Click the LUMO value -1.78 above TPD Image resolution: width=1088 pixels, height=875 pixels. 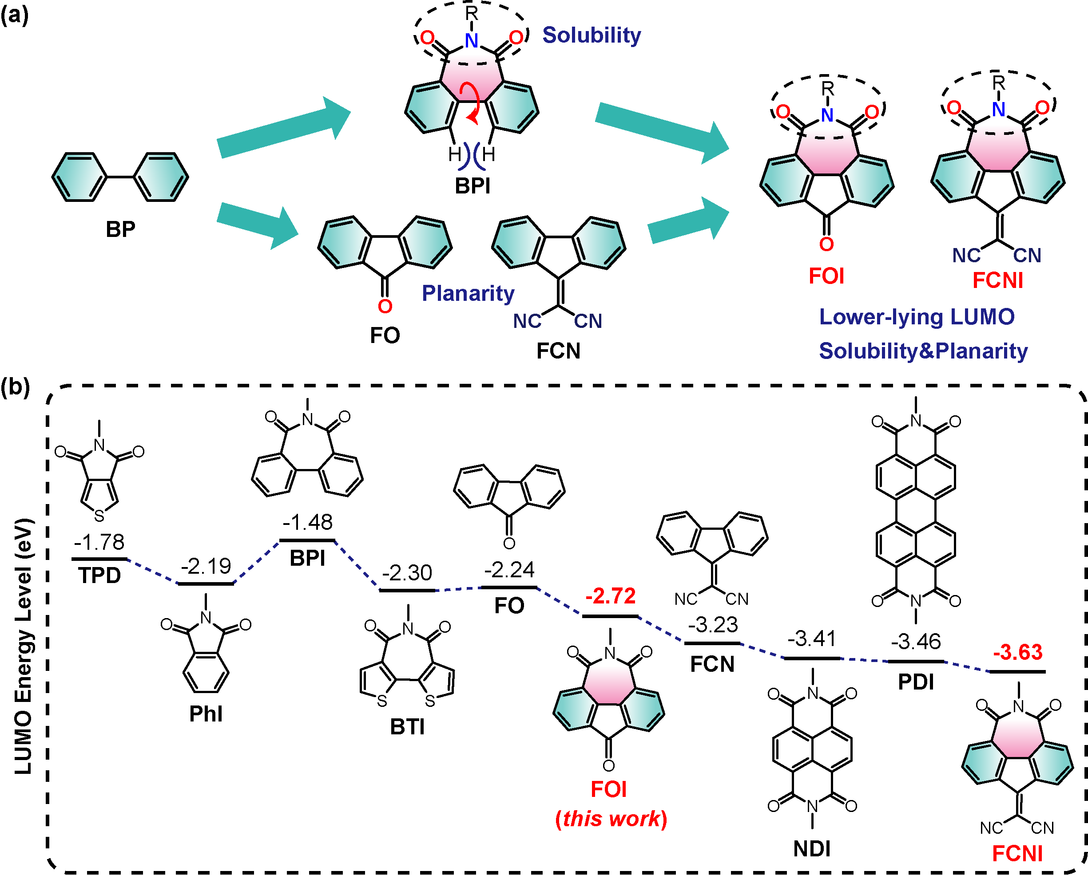99,542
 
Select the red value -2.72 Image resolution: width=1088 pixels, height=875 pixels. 611,596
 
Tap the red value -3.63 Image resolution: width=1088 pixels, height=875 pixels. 1018,652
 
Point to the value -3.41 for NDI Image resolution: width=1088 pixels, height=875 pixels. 812,639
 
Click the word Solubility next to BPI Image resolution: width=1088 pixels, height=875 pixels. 592,35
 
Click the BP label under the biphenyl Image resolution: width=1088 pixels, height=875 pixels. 121,229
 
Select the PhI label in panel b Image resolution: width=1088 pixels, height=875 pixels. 206,713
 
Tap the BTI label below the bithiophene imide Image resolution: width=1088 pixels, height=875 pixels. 407,727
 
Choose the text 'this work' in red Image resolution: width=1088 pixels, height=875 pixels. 611,819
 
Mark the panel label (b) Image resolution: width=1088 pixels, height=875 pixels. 15,387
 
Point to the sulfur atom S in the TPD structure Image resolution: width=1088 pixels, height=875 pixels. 99,516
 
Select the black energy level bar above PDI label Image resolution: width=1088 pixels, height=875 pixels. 915,661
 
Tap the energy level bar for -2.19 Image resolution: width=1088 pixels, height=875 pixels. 206,583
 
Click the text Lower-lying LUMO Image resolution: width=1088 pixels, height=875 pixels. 917,317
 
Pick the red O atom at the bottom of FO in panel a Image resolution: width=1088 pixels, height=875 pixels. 385,306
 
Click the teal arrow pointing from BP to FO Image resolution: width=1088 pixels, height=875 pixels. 258,225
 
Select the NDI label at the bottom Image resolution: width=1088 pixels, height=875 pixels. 812,849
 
